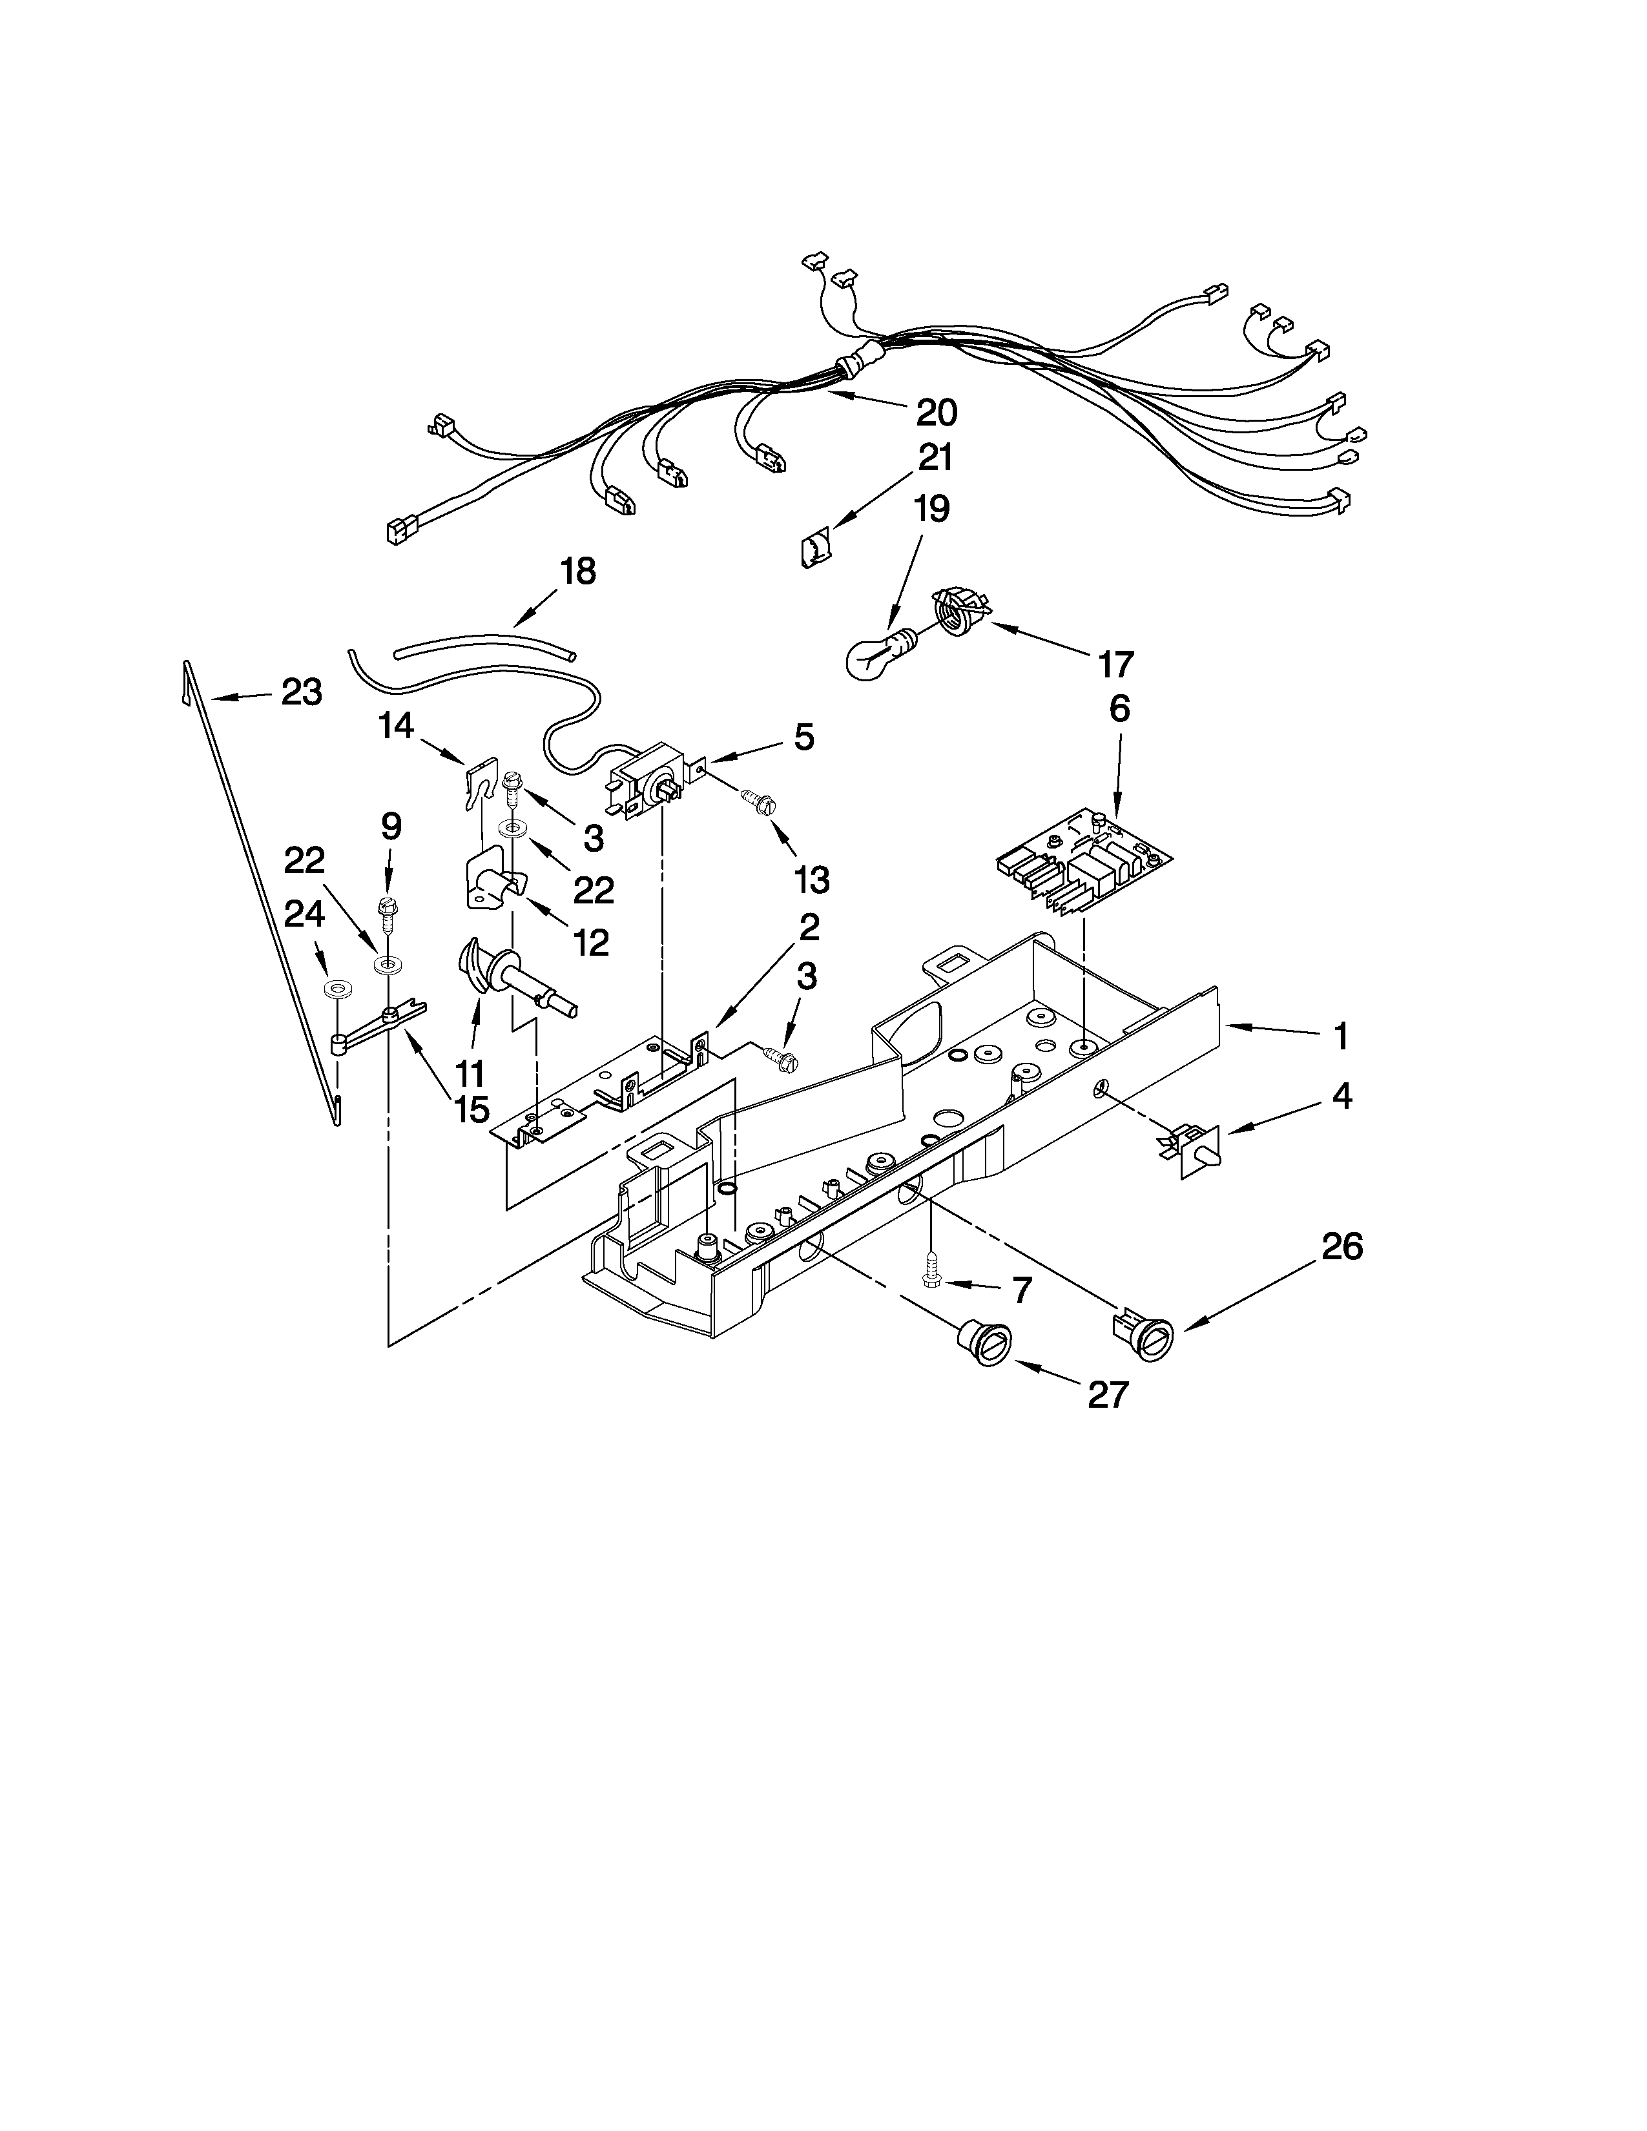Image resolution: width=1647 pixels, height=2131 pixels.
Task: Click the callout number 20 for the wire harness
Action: click(x=936, y=413)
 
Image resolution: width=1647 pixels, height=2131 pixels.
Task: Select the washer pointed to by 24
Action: click(x=338, y=989)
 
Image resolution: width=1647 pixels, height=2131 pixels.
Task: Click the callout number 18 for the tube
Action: click(x=579, y=571)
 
